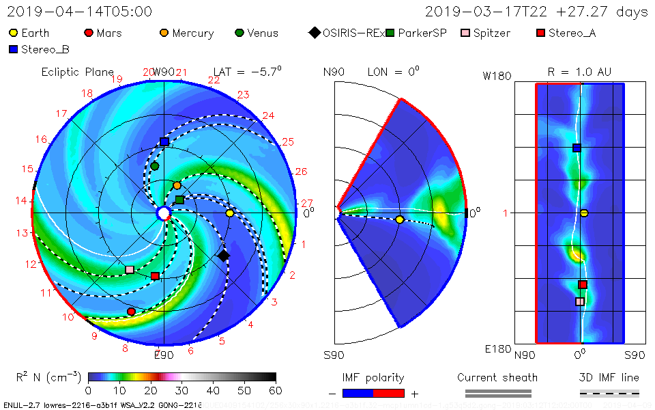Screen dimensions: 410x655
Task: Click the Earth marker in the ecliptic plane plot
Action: [230, 213]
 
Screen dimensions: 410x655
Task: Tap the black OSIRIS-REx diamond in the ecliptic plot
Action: [223, 256]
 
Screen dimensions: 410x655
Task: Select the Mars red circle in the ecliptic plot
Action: [131, 312]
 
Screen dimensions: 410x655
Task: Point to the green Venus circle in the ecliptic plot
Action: [155, 166]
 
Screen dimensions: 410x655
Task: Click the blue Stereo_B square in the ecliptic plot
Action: [164, 142]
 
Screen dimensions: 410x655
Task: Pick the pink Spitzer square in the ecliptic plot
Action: [130, 269]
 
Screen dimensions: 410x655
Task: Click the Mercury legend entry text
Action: [192, 33]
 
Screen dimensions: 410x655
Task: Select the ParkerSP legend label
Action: [422, 33]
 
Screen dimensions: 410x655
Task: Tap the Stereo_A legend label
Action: [572, 33]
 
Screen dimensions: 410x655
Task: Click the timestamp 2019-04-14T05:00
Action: [80, 12]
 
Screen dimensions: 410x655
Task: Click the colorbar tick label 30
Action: [181, 390]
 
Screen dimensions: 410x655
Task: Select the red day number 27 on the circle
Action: [307, 203]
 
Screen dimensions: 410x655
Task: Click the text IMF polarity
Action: [373, 377]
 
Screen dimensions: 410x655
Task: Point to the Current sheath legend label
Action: [497, 377]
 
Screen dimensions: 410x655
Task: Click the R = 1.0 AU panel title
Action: [579, 72]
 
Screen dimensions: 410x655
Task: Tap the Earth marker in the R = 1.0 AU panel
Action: [584, 213]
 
